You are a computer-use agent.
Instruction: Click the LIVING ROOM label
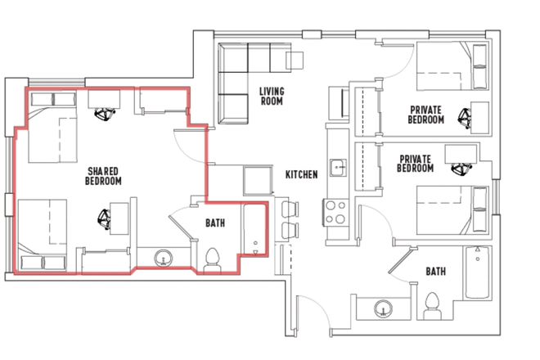tap(272, 96)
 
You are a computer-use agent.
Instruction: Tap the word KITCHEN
tap(301, 174)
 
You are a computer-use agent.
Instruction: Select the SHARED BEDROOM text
tap(103, 176)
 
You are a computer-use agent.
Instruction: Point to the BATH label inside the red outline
tap(215, 223)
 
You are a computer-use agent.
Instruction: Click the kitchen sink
tap(338, 168)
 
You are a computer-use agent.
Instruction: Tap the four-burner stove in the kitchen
tap(335, 212)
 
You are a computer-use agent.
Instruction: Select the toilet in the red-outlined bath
tap(213, 261)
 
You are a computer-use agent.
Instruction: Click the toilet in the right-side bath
tap(433, 306)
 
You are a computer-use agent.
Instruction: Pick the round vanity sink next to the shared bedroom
tap(164, 258)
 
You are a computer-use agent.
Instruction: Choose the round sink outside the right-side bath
tap(384, 308)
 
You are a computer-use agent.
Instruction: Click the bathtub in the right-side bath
tap(477, 272)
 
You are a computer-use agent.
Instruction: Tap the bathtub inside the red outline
tap(254, 230)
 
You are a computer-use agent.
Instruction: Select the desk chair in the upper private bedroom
tap(465, 118)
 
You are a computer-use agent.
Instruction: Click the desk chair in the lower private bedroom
tap(461, 169)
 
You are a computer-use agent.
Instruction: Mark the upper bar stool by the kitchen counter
tap(290, 209)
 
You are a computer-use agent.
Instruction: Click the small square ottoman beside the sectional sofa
tap(295, 60)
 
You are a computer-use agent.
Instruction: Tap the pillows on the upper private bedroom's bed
tap(479, 66)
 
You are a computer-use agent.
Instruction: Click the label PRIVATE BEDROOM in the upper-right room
tap(426, 115)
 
